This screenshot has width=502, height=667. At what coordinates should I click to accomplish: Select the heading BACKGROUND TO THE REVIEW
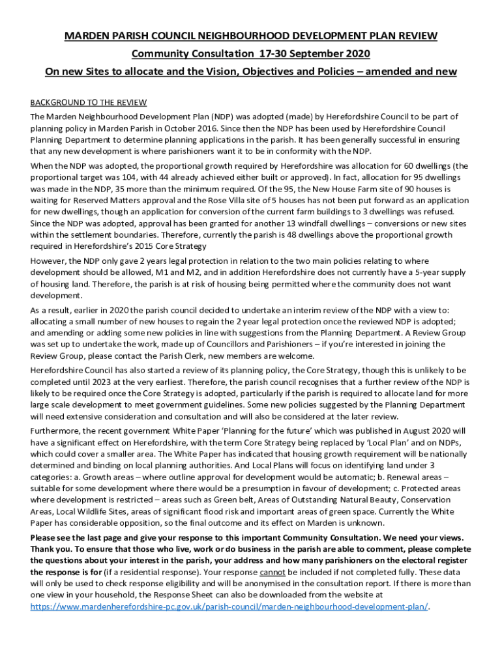pos(89,103)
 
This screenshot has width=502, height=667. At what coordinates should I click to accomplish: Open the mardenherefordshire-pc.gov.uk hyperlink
pos(229,606)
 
